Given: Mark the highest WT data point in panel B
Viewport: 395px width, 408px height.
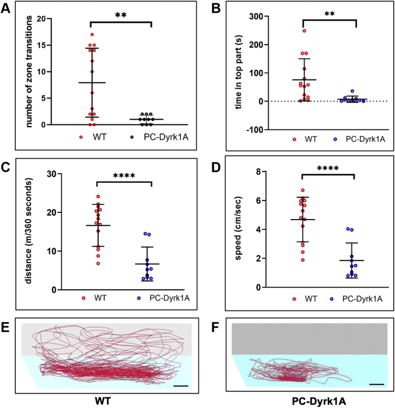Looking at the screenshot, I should coord(304,31).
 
